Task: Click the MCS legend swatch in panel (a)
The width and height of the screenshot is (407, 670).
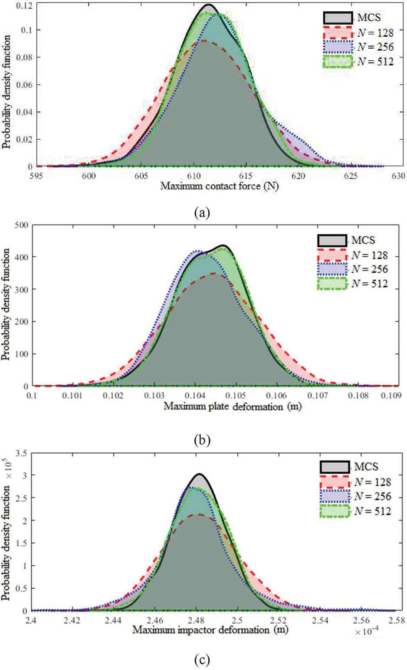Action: pos(338,18)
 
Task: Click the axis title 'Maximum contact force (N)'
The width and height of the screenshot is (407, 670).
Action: pos(220,186)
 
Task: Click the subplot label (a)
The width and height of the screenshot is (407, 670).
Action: pos(203,212)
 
